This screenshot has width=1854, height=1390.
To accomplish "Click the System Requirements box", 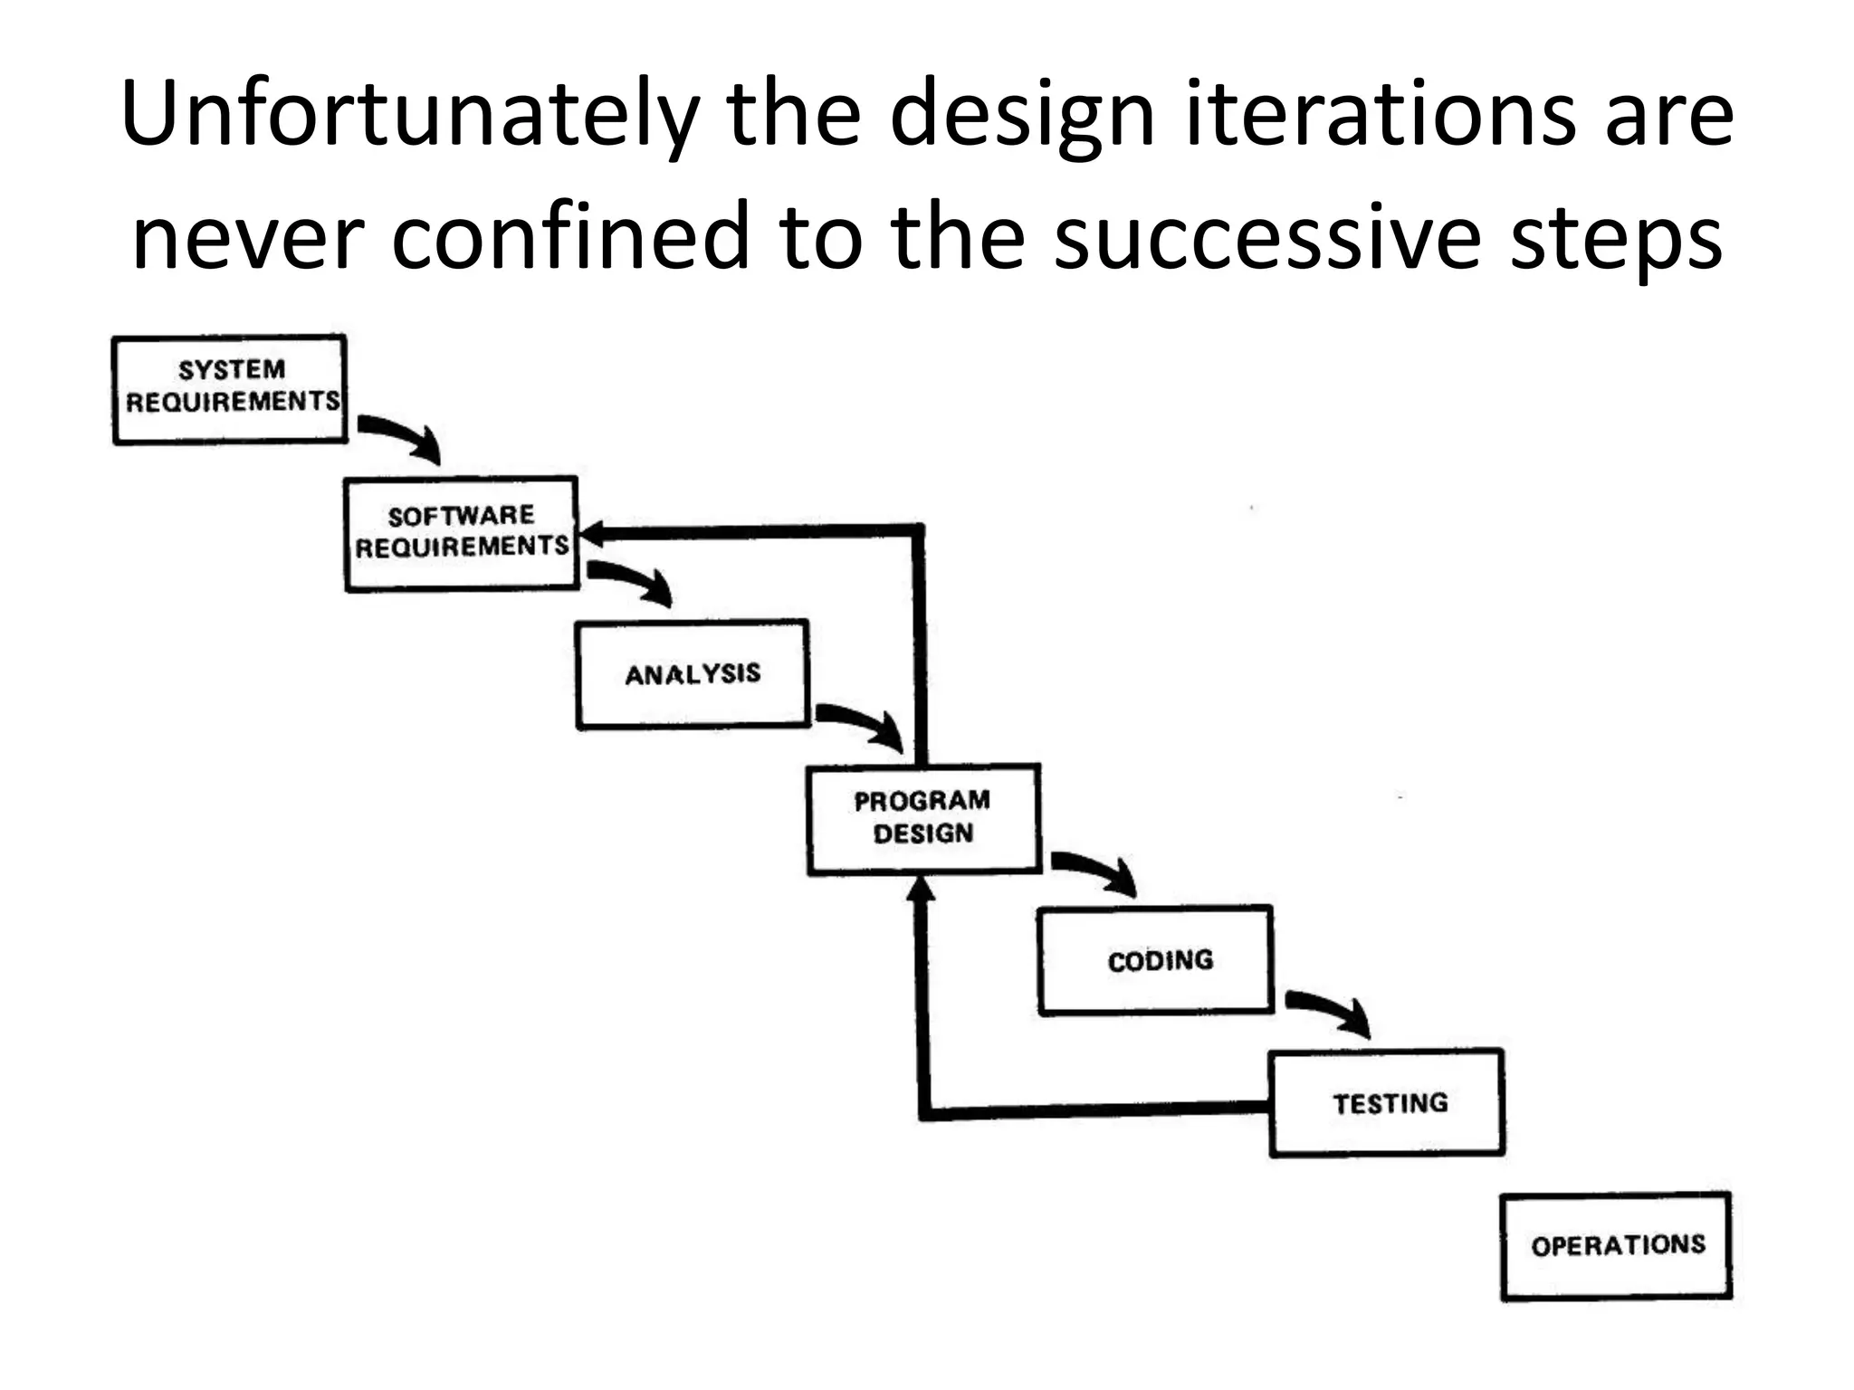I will point(230,389).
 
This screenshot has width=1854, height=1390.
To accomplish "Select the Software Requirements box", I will point(461,533).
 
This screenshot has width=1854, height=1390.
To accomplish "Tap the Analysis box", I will point(693,674).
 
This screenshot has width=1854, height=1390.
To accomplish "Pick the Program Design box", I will point(923,818).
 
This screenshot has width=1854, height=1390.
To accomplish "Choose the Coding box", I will point(1156,961).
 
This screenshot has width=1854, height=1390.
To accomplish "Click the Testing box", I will point(1387,1103).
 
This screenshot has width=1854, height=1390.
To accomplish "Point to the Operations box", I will point(1617,1246).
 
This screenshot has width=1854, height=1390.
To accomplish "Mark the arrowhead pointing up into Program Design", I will point(921,891).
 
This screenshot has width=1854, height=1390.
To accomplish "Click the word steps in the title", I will point(1617,237).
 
